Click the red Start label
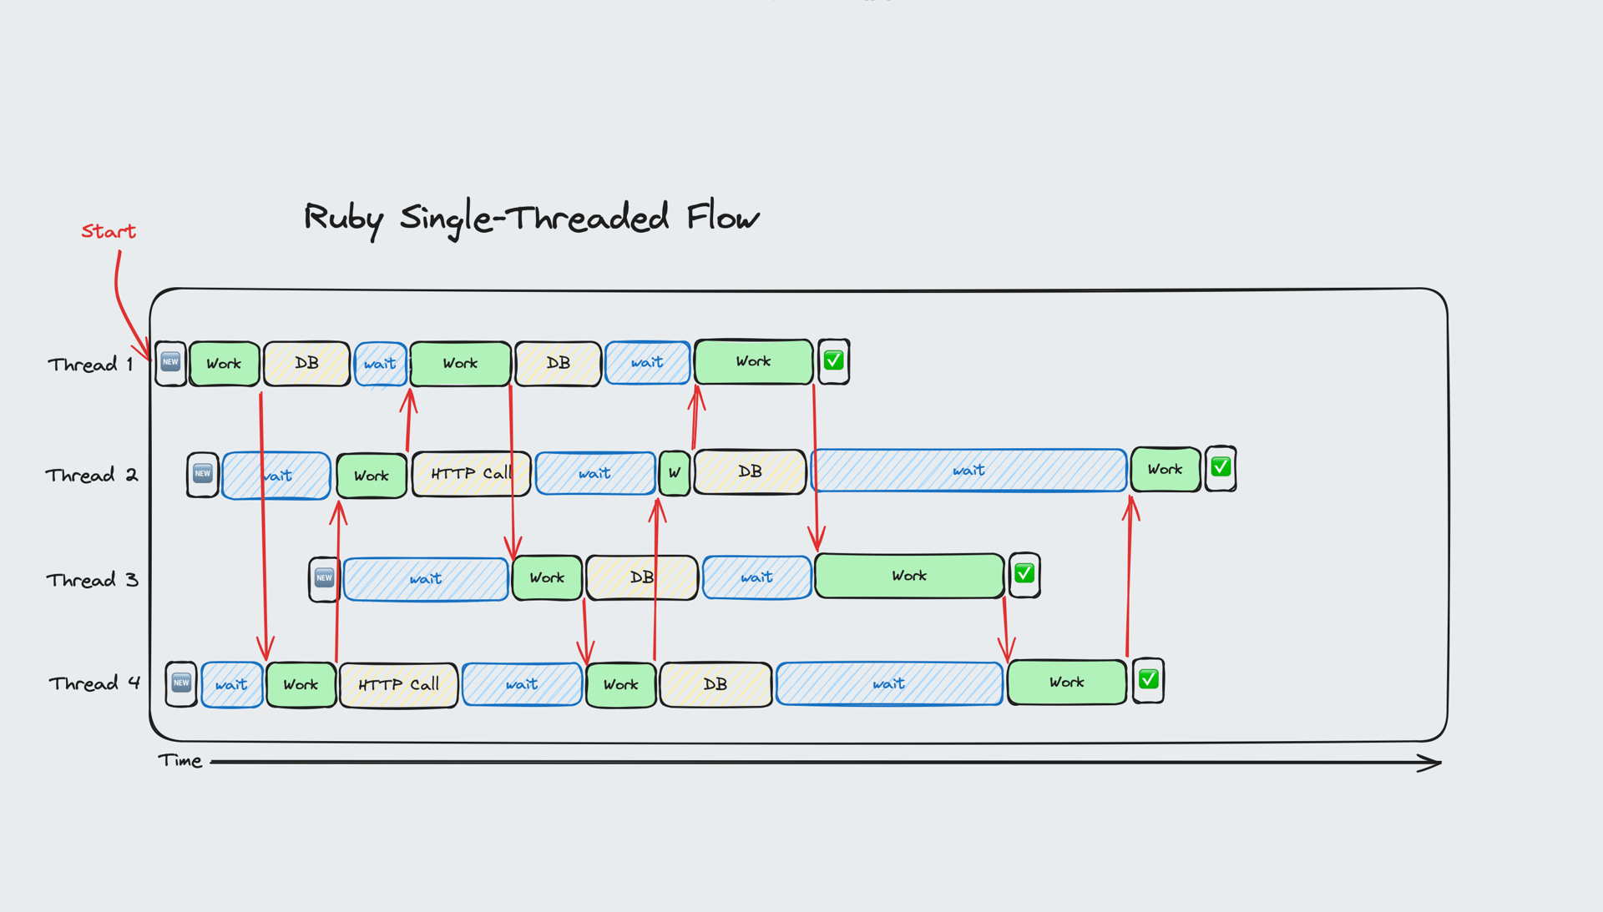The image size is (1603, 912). click(109, 231)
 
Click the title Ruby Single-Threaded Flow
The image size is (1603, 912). click(531, 218)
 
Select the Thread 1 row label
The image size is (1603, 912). click(90, 365)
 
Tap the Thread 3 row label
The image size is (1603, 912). click(92, 580)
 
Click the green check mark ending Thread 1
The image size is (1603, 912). click(833, 361)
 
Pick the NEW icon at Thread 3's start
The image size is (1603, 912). click(324, 577)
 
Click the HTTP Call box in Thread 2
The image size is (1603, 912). click(471, 474)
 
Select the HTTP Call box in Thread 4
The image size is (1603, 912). click(398, 685)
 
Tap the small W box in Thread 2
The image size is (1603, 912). click(675, 473)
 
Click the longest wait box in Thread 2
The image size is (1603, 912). click(968, 471)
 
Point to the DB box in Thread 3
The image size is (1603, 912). click(641, 577)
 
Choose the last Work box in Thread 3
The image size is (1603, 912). click(908, 576)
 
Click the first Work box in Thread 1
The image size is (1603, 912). click(224, 364)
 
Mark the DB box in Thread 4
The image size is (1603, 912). click(716, 684)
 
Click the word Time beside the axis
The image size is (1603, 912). click(180, 761)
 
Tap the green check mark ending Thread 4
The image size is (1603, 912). click(1148, 680)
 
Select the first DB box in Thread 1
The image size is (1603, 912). click(306, 364)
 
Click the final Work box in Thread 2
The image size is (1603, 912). click(1165, 469)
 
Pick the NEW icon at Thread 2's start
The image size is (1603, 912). click(202, 474)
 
